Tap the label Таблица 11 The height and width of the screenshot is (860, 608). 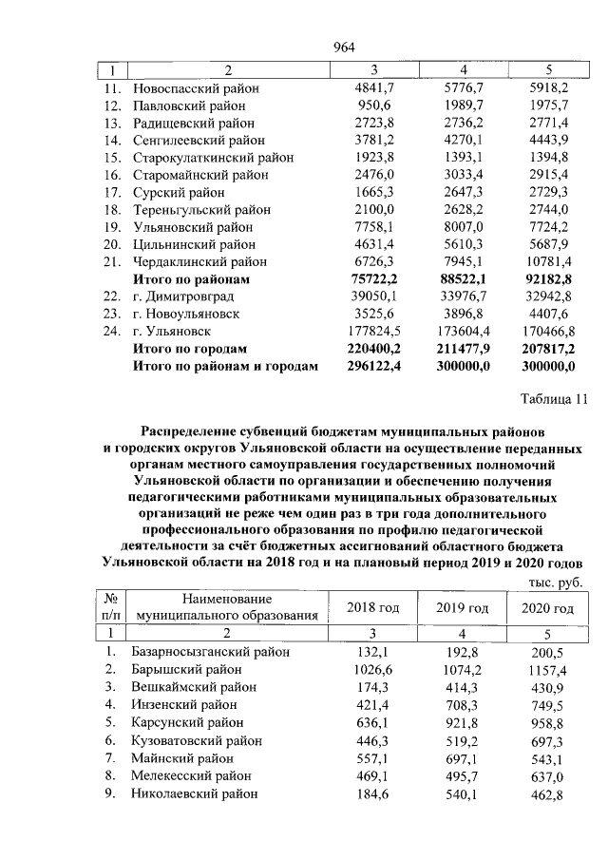tap(550, 400)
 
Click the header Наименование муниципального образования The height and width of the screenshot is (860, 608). tap(226, 607)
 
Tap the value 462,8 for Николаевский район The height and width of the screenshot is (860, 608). tap(548, 793)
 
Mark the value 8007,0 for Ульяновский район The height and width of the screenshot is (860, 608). tap(458, 227)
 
